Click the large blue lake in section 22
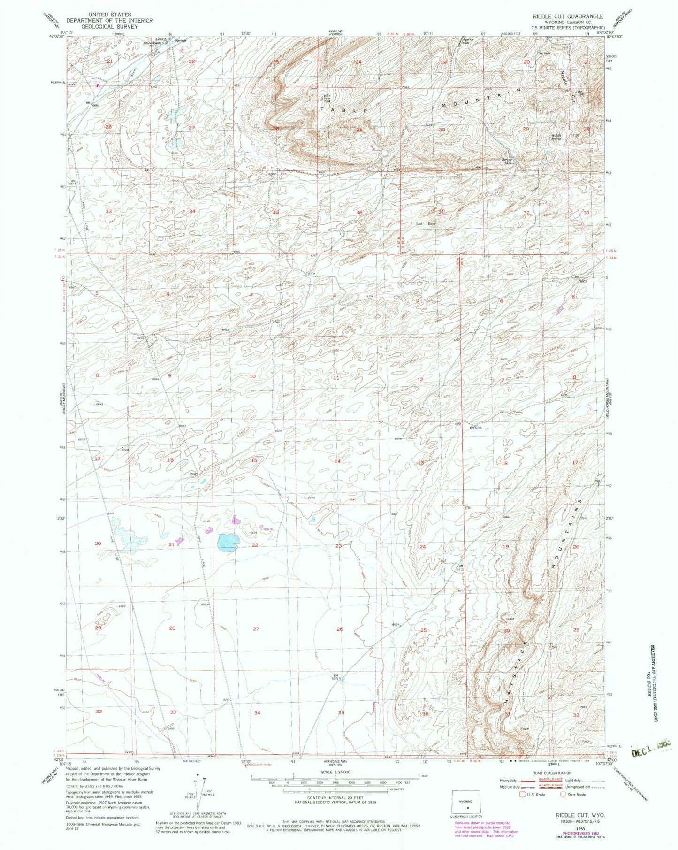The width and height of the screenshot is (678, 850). pos(228,543)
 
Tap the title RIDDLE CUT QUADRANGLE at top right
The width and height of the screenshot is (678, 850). pos(568,16)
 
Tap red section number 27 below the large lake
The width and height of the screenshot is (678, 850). pos(256,628)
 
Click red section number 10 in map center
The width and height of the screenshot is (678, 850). pos(252,376)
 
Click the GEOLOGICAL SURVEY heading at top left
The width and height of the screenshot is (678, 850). pos(109,27)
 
